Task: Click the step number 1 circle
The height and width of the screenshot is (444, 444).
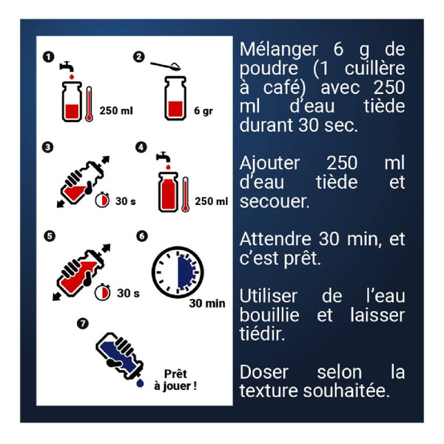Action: [48, 57]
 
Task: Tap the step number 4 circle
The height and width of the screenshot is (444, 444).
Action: [141, 147]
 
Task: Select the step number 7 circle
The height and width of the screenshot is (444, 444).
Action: [83, 323]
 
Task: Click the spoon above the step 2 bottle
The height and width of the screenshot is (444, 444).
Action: [166, 66]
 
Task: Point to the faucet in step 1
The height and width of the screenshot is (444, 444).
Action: [67, 67]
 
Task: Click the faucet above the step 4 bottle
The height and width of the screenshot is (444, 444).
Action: [164, 157]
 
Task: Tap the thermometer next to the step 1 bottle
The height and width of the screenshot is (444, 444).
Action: [89, 104]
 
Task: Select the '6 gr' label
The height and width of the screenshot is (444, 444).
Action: [203, 111]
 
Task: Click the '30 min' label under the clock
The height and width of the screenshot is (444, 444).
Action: [207, 303]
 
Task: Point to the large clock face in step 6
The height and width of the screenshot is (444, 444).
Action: [178, 272]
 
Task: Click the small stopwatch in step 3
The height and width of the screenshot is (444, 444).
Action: [102, 200]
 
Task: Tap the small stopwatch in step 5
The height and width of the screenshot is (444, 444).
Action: [102, 292]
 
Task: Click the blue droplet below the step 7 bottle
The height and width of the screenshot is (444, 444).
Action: [140, 383]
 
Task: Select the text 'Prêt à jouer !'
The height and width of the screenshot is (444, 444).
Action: [175, 380]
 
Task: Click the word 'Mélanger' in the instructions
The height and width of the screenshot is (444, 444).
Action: [279, 50]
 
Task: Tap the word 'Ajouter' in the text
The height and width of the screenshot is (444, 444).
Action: [269, 164]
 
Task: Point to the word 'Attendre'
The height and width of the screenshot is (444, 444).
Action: [275, 239]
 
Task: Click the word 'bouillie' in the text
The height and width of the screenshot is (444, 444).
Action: [269, 315]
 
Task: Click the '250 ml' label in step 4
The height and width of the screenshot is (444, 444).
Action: [211, 201]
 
